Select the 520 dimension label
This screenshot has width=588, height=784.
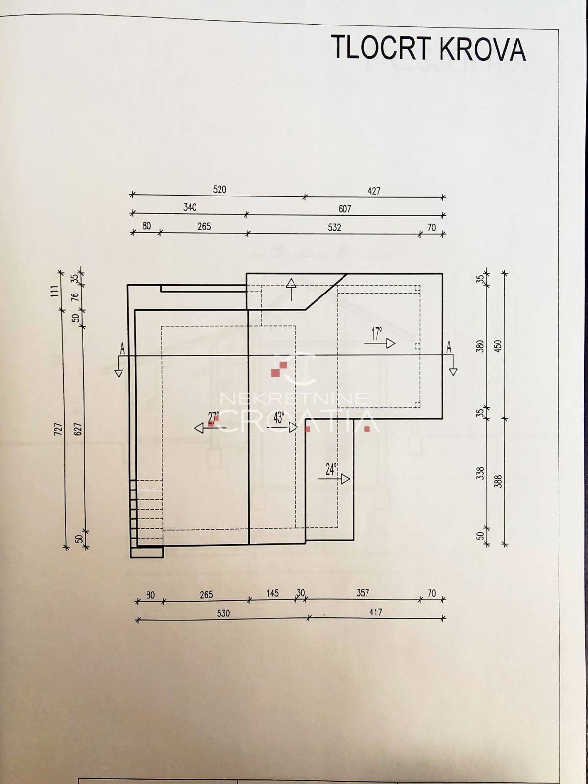220,189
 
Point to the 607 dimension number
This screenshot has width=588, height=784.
344,209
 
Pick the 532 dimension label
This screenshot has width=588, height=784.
334,227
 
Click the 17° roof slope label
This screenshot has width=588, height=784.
376,334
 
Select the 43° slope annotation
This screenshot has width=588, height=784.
279,417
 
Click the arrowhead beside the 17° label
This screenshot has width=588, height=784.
391,343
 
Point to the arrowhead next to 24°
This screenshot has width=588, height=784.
345,479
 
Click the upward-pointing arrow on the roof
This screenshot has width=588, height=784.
292,289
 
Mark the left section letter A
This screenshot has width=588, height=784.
122,347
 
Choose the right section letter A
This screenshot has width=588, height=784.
449,346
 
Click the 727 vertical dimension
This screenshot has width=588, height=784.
59,429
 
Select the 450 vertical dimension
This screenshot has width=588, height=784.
499,346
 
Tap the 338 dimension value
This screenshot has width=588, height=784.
481,473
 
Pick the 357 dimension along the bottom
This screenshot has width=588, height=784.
363,593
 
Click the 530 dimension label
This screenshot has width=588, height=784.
223,613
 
